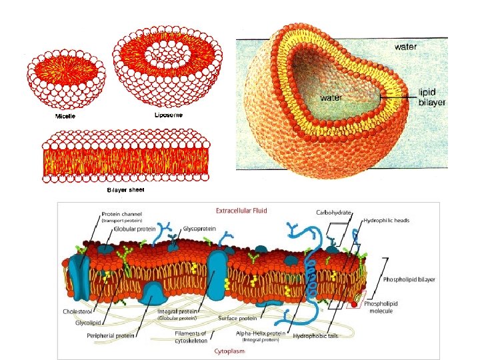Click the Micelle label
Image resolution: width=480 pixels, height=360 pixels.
click(x=65, y=117)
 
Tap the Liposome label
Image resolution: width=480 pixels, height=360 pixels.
click(x=169, y=115)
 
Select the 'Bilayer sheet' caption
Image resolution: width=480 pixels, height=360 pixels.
click(x=125, y=189)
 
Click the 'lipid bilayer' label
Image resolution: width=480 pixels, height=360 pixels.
click(x=431, y=98)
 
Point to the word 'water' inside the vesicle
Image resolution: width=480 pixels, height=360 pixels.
click(x=333, y=97)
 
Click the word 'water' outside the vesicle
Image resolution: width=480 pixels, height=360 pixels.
click(x=406, y=47)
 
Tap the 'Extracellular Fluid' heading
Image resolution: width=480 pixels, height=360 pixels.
click(x=241, y=211)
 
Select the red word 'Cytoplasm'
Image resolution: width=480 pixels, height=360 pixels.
click(x=229, y=351)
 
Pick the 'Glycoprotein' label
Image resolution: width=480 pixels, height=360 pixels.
click(x=199, y=228)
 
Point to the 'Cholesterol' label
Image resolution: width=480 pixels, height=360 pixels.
click(x=77, y=311)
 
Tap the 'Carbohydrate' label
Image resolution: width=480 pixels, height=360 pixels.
click(x=333, y=212)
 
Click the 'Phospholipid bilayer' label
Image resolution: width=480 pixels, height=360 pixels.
click(x=409, y=279)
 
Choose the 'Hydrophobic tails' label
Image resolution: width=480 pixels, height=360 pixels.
click(x=316, y=336)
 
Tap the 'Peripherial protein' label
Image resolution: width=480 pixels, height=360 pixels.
click(x=111, y=335)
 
